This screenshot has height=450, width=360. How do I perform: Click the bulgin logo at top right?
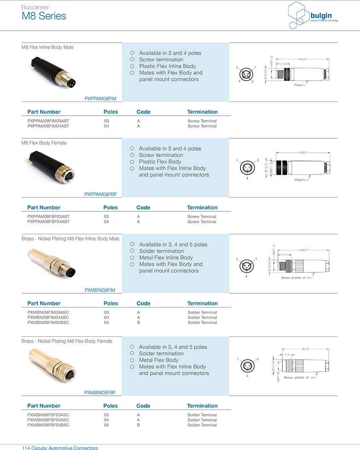(313, 15)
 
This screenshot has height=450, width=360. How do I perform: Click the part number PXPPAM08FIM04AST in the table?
(48, 126)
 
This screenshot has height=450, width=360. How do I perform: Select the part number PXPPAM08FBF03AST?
(48, 216)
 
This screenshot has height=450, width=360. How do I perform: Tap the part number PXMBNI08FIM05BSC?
(48, 322)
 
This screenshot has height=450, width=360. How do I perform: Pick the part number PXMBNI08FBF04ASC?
(48, 420)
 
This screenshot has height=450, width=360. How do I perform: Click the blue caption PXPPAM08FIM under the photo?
(100, 99)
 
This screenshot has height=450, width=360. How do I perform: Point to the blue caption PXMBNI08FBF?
(100, 392)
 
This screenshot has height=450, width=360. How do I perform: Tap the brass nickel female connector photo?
(51, 365)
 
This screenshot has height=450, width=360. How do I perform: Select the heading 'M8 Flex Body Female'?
(44, 143)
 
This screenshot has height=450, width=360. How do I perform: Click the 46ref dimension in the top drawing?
(302, 59)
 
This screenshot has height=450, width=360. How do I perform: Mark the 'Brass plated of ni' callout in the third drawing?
(298, 278)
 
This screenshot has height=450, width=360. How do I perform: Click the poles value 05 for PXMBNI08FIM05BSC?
(106, 322)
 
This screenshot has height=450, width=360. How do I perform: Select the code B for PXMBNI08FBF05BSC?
(138, 425)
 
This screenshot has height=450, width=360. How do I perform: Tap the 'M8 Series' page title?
(44, 16)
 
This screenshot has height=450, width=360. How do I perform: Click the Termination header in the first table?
(202, 112)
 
